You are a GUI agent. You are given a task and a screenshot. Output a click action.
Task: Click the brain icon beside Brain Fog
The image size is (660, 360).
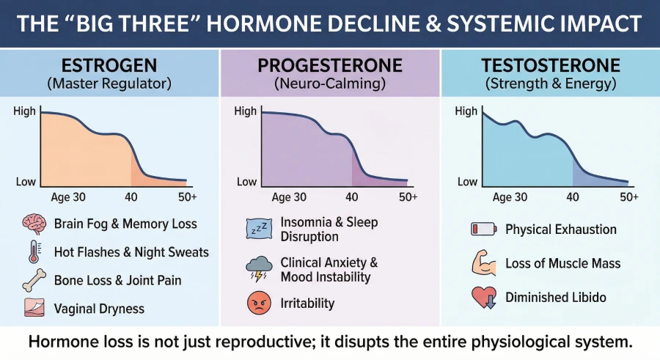[34, 224]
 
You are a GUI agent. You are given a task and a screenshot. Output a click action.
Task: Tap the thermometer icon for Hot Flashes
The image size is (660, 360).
[34, 251]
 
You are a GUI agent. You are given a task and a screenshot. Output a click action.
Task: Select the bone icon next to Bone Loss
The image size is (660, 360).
[34, 280]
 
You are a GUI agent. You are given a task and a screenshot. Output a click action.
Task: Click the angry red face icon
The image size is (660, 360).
[258, 302]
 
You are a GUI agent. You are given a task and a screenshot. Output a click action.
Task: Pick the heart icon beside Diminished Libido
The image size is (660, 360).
[482, 297]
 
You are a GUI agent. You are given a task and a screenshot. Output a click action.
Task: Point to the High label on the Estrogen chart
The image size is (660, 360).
[26, 111]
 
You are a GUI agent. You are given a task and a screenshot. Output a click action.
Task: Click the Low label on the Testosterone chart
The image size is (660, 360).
[467, 182]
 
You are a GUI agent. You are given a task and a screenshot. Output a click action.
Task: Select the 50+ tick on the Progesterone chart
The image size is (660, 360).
[408, 197]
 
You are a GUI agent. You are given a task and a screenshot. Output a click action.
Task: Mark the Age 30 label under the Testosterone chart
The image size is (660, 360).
[510, 197]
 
